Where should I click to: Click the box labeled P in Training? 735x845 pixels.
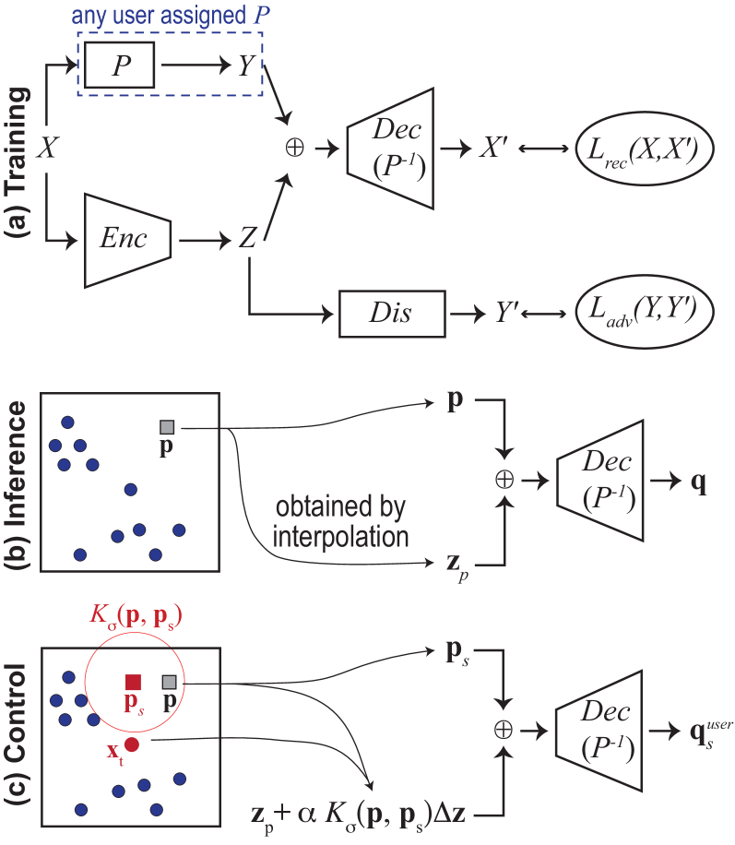(120, 65)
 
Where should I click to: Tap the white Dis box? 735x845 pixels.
(392, 315)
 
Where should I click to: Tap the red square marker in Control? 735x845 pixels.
(133, 683)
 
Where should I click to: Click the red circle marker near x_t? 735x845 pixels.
(132, 744)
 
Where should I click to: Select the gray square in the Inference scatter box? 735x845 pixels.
(167, 427)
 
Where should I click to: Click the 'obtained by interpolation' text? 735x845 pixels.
(340, 521)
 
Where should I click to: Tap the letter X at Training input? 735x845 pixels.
(47, 148)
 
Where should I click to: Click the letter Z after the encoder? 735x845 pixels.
(247, 239)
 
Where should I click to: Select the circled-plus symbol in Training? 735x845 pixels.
(294, 148)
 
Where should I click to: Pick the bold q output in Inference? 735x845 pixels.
(699, 482)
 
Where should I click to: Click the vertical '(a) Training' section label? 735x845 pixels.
(18, 163)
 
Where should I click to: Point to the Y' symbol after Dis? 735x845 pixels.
(503, 315)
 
